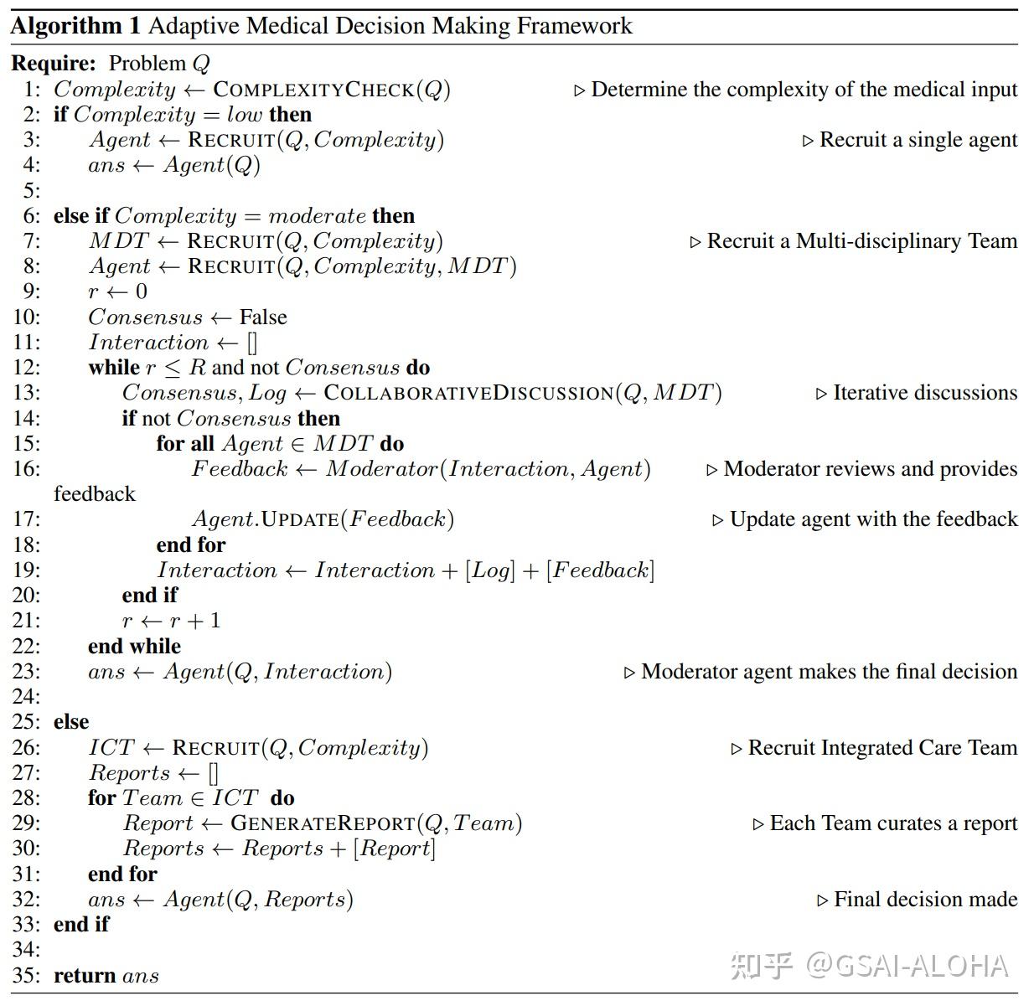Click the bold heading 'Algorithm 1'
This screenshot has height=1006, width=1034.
(75, 26)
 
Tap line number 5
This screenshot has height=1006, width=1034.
(32, 190)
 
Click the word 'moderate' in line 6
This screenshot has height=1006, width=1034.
(317, 216)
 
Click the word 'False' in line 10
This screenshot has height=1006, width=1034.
(263, 317)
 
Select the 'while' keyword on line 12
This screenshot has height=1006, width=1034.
(114, 368)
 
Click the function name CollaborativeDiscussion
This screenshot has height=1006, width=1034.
(469, 393)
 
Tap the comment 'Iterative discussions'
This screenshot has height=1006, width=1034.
(924, 393)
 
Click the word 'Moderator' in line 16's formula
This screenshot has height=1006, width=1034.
(381, 469)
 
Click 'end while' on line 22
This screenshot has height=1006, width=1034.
(134, 647)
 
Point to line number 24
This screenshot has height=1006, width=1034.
(26, 697)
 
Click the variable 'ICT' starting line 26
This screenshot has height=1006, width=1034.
(111, 748)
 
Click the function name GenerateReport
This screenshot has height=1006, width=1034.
(323, 823)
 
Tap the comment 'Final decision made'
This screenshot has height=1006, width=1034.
(925, 900)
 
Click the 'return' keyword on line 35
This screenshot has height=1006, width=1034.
(85, 976)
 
